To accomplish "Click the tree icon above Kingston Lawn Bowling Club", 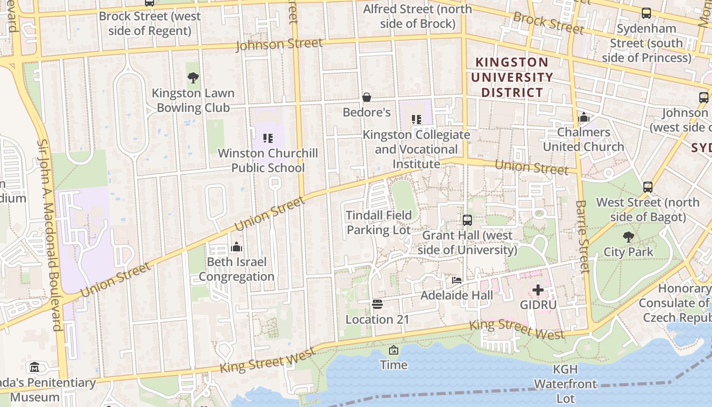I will tap(193, 78).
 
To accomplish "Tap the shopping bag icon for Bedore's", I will tap(366, 97).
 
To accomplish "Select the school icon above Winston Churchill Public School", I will tap(268, 138).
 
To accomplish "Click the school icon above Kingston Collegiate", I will tap(417, 120).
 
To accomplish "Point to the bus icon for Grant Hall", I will tap(467, 220).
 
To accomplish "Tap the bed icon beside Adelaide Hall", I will tap(457, 280).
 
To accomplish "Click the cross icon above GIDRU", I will tap(538, 290).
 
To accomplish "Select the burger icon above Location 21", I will tap(377, 304).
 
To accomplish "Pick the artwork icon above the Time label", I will tap(394, 350).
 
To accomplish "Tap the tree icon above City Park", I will tap(629, 237).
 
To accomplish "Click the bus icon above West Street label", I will tap(647, 187).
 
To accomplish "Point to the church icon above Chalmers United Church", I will tap(583, 118).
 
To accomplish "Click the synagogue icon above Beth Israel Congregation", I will tap(236, 247).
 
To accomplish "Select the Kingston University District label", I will tap(512, 77).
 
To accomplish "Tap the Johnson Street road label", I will tap(279, 45).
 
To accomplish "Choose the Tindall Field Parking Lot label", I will tap(378, 222).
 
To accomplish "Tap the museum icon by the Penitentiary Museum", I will tap(34, 367).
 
